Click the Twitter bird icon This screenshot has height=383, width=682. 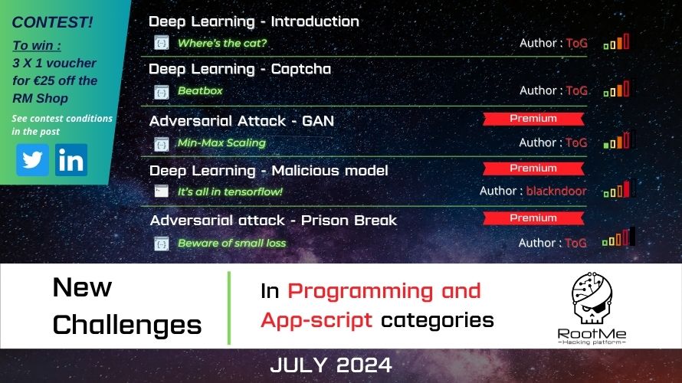coord(33,160)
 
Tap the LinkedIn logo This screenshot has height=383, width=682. coord(71,160)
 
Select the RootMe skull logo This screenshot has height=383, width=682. coord(592,299)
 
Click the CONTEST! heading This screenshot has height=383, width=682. coord(52,22)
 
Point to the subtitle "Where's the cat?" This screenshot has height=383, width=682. coord(221,43)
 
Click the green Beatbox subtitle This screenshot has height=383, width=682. coord(200,90)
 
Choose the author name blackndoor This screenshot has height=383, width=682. coord(556,191)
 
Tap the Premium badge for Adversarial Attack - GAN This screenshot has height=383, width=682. coord(533,119)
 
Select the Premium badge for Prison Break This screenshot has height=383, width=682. coord(533,218)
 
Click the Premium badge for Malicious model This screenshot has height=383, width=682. coord(533,169)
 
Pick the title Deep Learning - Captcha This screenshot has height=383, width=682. coord(240,69)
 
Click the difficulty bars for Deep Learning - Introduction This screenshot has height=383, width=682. coord(616,41)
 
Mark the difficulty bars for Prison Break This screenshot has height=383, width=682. coord(618,237)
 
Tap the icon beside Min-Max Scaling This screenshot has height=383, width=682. coord(162,144)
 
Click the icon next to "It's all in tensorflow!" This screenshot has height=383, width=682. coord(162,191)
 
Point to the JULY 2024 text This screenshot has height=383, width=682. coord(331,365)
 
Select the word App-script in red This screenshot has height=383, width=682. coord(316,320)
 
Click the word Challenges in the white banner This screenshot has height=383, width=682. coord(127,326)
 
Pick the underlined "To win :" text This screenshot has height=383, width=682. coord(37,46)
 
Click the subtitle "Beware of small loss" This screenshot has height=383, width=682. coord(232,243)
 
